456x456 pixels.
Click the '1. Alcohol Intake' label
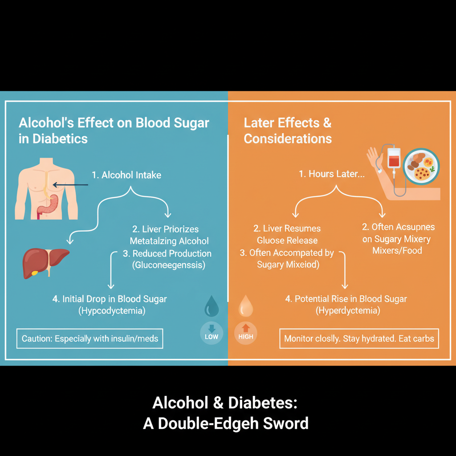(126, 175)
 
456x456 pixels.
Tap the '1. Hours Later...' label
(331, 174)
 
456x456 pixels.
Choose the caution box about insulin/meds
(90, 339)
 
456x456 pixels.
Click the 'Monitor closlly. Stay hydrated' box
(359, 339)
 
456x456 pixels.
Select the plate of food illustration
(421, 167)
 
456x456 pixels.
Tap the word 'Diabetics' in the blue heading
(60, 138)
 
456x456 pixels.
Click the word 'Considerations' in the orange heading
(288, 138)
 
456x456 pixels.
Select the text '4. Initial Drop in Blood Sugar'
(110, 299)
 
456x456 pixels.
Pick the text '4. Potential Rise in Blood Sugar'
(346, 299)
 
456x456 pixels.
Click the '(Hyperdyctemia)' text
(348, 310)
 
